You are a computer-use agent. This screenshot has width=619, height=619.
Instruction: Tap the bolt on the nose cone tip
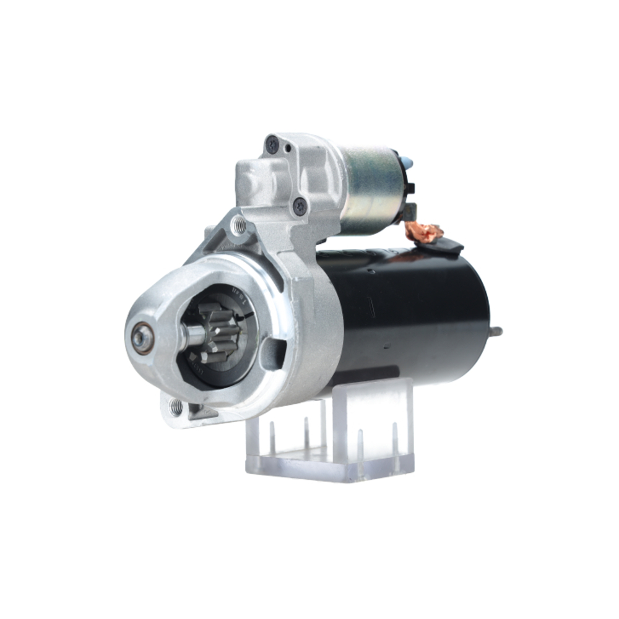[141, 338]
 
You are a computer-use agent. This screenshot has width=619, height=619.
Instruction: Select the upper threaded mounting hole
[239, 225]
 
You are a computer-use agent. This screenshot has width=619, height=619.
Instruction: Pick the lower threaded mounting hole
[176, 407]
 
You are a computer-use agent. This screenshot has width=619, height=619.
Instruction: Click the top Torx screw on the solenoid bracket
[272, 145]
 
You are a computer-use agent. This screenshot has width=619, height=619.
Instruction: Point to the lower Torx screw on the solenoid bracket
[300, 206]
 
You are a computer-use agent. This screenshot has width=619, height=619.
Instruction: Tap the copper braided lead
[424, 232]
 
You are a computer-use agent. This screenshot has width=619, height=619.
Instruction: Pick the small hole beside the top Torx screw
[288, 149]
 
